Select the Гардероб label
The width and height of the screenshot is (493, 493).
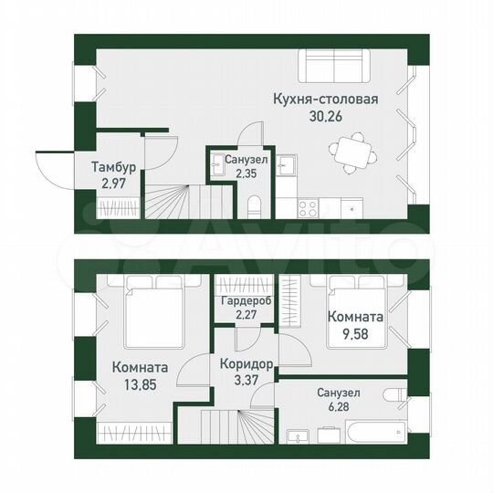[244, 303]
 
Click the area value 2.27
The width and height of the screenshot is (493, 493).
[244, 318]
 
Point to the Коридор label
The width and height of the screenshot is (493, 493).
[244, 364]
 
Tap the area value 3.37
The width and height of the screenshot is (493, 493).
[244, 381]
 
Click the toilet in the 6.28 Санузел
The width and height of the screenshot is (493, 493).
[395, 396]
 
